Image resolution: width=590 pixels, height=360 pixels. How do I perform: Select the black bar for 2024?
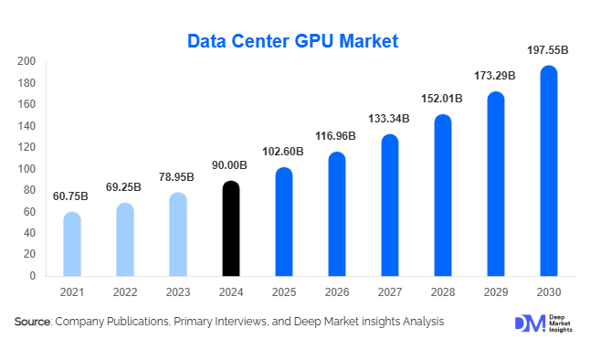pyautogui.click(x=231, y=228)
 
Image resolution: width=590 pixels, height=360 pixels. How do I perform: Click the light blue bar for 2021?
pyautogui.click(x=72, y=244)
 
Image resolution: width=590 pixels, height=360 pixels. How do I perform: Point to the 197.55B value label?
pyautogui.click(x=548, y=48)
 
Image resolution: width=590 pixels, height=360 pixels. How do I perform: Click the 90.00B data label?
pyautogui.click(x=230, y=164)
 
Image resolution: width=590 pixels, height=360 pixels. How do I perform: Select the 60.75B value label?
pyautogui.click(x=71, y=196)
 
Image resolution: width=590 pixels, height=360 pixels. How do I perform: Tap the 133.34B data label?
pyautogui.click(x=389, y=118)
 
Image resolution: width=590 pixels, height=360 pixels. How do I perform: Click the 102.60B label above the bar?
pyautogui.click(x=283, y=151)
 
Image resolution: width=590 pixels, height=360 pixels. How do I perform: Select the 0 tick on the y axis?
pyautogui.click(x=32, y=276)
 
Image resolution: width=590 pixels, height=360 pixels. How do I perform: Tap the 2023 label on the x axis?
pyautogui.click(x=178, y=291)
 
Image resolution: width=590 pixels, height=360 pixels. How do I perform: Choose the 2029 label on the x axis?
pyautogui.click(x=496, y=291)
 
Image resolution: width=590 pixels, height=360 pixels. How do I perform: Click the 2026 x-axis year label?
pyautogui.click(x=337, y=291)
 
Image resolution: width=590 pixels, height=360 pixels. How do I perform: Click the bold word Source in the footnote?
pyautogui.click(x=33, y=323)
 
